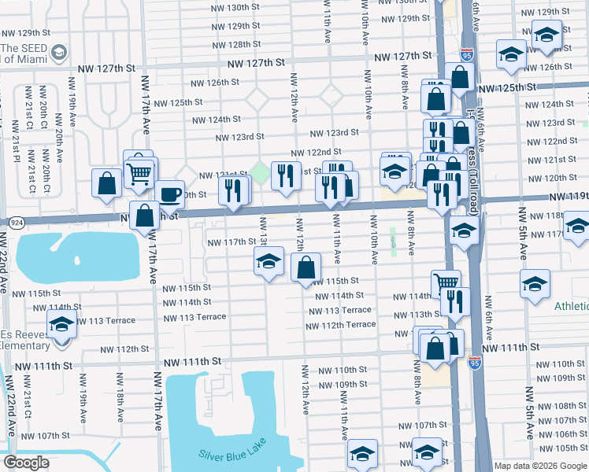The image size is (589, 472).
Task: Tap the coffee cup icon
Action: click(x=169, y=194)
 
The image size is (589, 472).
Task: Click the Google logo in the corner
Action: click(x=26, y=463)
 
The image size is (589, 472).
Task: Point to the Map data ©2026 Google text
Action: click(x=539, y=466)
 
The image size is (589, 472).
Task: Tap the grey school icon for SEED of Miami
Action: click(x=58, y=53)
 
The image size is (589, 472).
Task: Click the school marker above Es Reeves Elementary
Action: click(x=61, y=323)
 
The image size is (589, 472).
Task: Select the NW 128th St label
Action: click(x=235, y=45)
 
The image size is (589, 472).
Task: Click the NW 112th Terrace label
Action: click(x=341, y=325)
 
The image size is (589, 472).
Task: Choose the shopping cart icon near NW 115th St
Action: click(x=446, y=282)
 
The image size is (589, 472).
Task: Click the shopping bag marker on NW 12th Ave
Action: click(x=306, y=267)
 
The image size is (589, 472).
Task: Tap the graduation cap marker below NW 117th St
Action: click(x=269, y=261)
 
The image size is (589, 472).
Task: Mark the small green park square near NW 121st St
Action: click(x=259, y=171)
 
